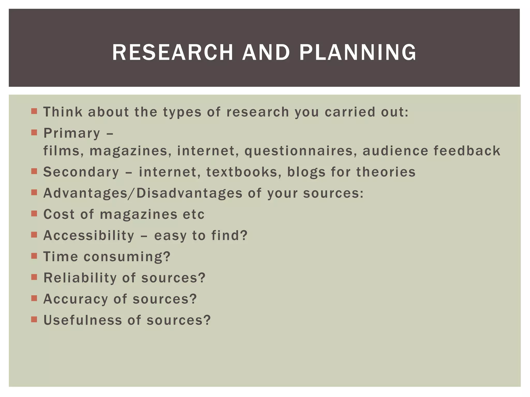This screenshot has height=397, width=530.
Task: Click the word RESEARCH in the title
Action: (x=173, y=52)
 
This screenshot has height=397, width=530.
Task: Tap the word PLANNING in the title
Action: (x=358, y=52)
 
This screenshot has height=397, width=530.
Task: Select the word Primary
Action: (x=72, y=134)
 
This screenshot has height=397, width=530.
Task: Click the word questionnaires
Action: (x=299, y=151)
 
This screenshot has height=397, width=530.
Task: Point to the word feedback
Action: (x=467, y=151)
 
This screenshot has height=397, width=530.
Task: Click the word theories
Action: (x=386, y=172)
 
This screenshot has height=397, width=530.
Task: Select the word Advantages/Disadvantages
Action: (x=143, y=193)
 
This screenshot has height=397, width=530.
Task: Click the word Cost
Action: (x=59, y=214)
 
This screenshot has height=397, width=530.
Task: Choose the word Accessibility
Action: (x=89, y=236)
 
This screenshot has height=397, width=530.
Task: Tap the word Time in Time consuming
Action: (x=61, y=257)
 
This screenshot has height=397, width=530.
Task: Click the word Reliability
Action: (x=80, y=278)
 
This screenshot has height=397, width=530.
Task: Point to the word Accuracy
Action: (x=76, y=299)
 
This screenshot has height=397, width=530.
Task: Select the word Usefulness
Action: (x=83, y=320)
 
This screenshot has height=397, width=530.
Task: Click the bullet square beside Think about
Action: (x=34, y=111)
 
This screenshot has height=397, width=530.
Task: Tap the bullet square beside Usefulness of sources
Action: (x=34, y=320)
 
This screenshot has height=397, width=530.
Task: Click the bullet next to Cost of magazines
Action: (x=34, y=214)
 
